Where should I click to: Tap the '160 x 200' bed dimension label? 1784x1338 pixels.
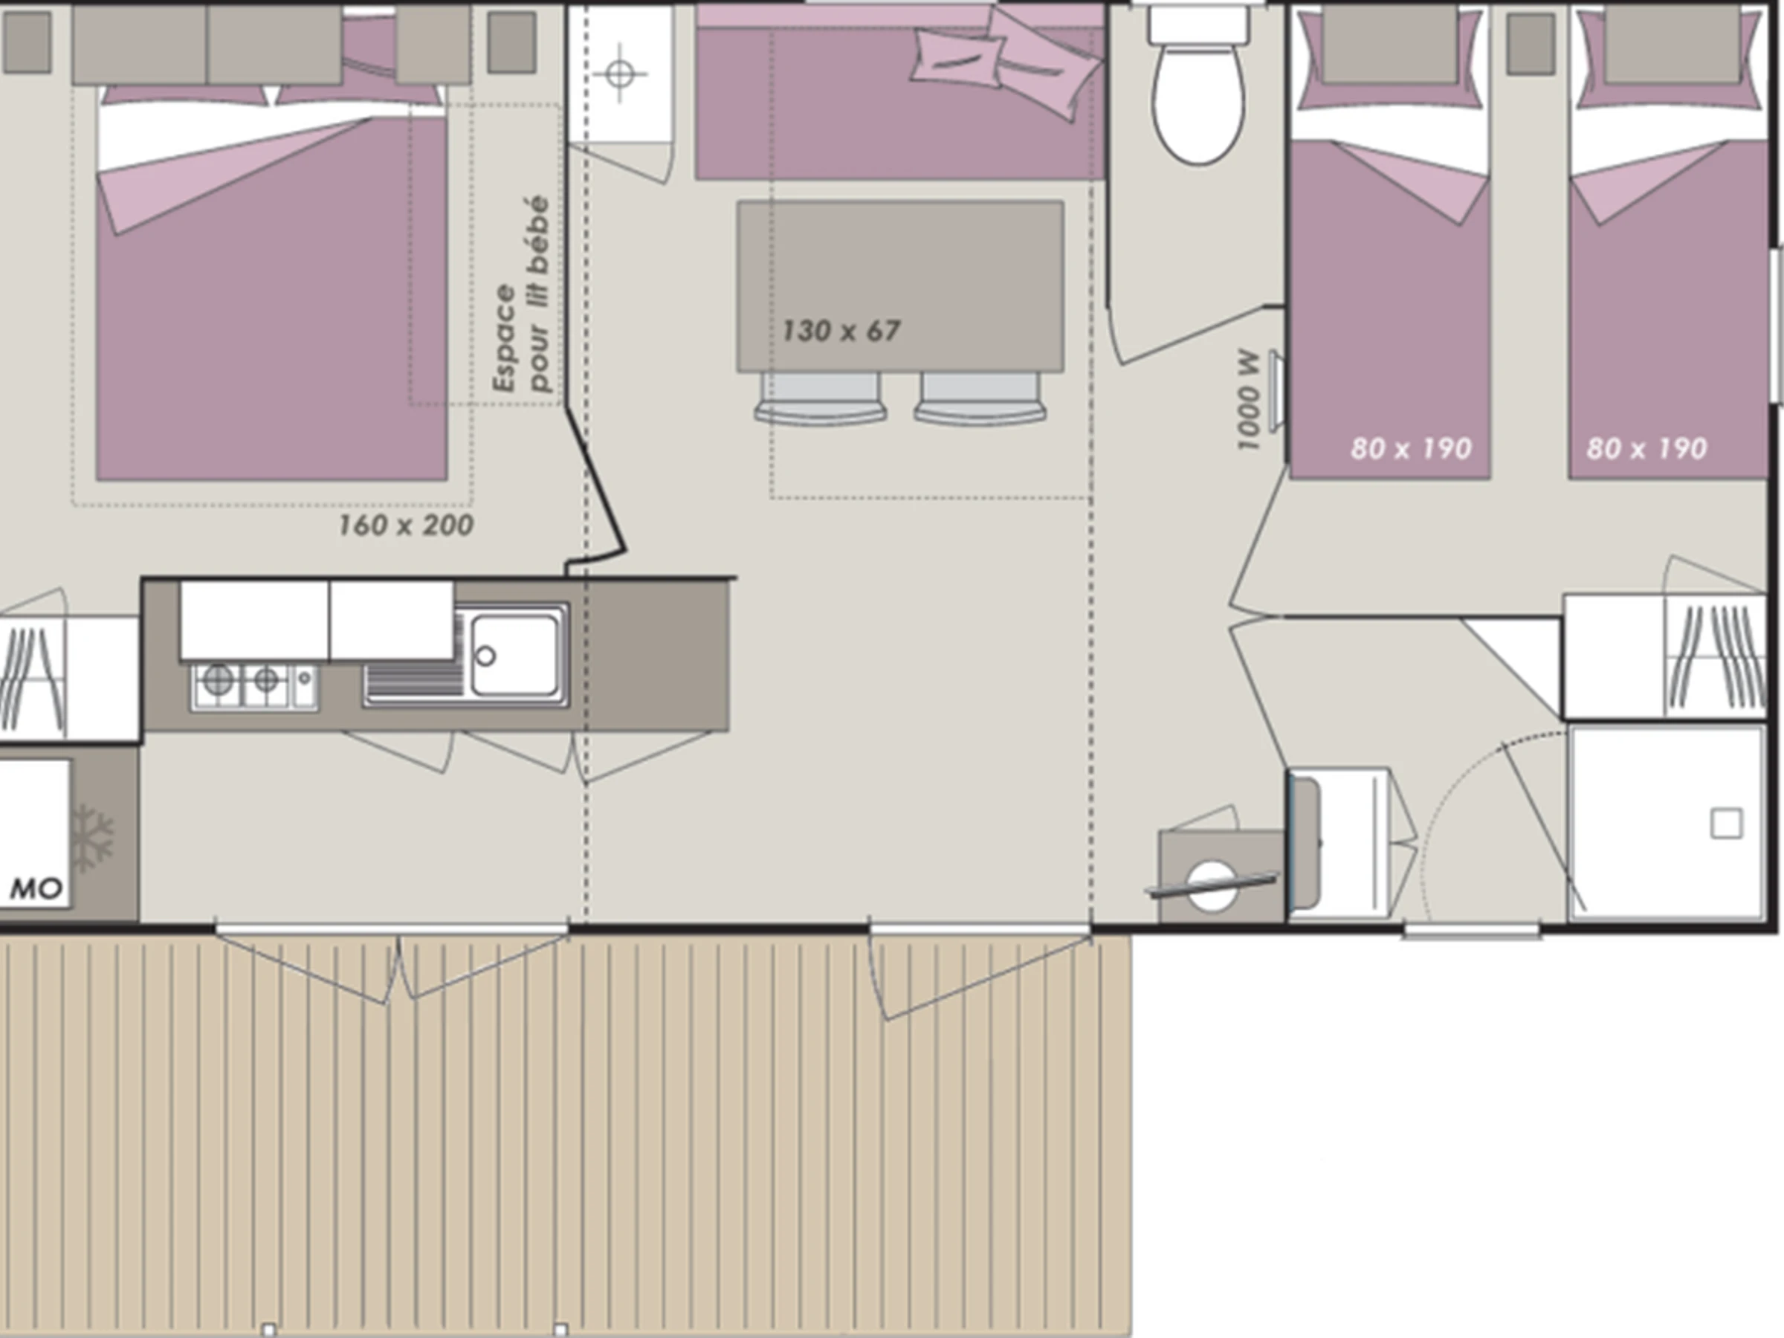tap(406, 526)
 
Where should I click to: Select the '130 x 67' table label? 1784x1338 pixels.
tap(841, 331)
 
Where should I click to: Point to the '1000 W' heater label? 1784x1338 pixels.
tap(1247, 401)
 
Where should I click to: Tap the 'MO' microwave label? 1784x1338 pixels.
tap(36, 890)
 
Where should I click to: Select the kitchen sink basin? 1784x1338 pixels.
tap(514, 655)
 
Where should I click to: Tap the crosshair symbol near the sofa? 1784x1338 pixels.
tap(619, 74)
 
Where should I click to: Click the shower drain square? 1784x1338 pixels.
tap(1726, 824)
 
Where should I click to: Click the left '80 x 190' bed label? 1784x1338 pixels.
tap(1412, 448)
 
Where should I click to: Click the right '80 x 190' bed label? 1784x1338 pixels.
tap(1647, 448)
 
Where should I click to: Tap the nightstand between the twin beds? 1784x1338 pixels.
tap(1531, 44)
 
